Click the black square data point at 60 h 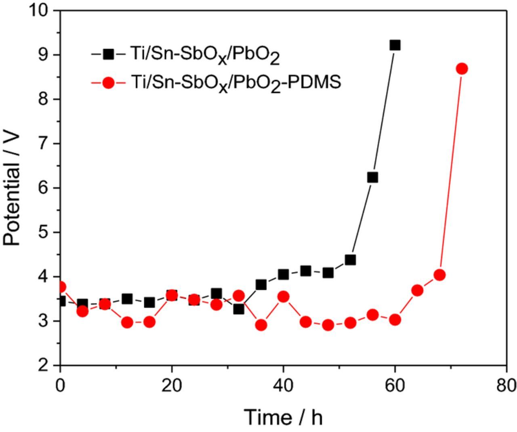pyautogui.click(x=395, y=45)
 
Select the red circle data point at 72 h pyautogui.click(x=462, y=69)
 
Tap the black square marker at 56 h pyautogui.click(x=372, y=177)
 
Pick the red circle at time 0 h pyautogui.click(x=61, y=287)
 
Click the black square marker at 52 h pyautogui.click(x=350, y=260)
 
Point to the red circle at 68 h pyautogui.click(x=439, y=275)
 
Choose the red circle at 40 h pyautogui.click(x=283, y=297)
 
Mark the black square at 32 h pyautogui.click(x=239, y=309)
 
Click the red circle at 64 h pyautogui.click(x=417, y=290)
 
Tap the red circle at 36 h pyautogui.click(x=261, y=325)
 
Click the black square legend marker pyautogui.click(x=108, y=53)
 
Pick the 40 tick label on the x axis pyautogui.click(x=283, y=386)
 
